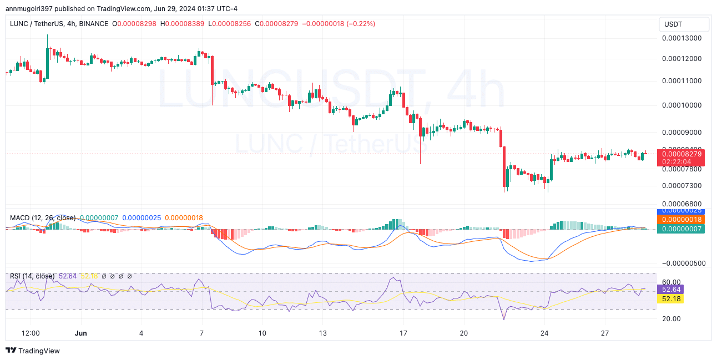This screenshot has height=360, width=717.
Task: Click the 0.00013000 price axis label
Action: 681,38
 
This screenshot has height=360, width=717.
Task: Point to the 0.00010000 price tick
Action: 681,105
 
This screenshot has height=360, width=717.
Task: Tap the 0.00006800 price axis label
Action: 681,204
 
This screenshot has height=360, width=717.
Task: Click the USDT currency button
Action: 684,24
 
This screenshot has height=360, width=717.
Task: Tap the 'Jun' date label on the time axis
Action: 80,333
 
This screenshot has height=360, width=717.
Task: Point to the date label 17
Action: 403,333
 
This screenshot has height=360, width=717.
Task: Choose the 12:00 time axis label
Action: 30,333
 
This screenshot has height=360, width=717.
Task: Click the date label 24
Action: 544,333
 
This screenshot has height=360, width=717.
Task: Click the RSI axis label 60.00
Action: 671,282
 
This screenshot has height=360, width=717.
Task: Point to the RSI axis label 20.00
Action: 671,318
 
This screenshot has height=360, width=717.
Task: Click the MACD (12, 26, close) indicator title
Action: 43,218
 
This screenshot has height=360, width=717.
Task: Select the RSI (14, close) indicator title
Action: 32,276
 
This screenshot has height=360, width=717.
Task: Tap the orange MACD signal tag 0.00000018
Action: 680,220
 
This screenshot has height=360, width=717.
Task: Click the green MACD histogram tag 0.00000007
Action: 680,229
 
